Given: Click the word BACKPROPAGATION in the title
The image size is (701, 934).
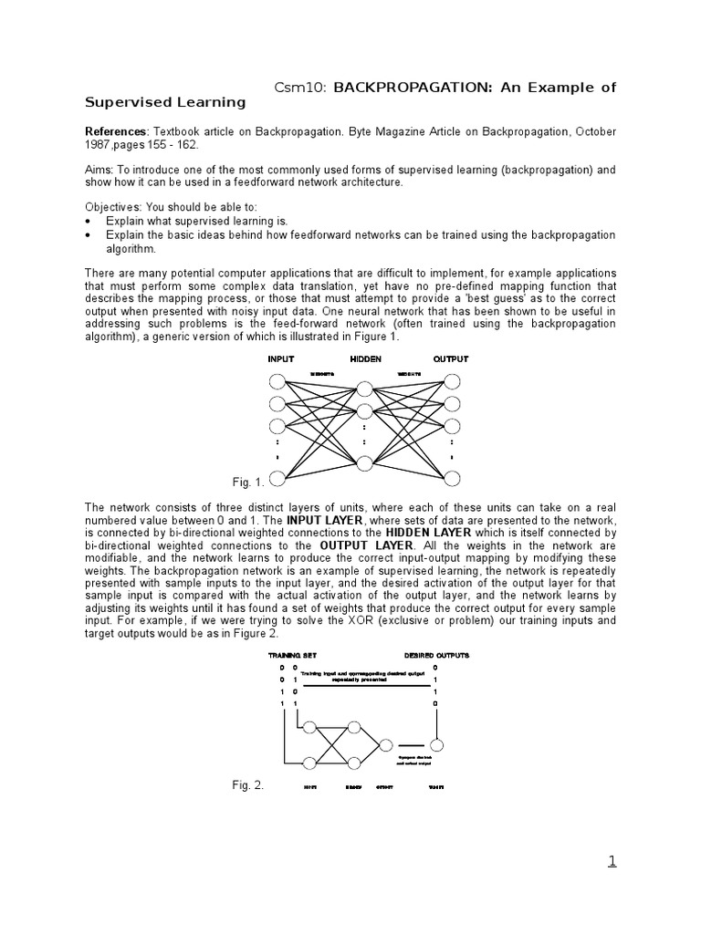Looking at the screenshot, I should pos(404,88).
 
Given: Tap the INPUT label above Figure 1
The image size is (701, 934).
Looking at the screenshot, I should pos(280,358).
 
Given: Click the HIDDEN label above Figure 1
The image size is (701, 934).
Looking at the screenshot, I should pos(365,358).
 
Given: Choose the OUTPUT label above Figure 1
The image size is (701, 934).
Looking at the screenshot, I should pos(450,358).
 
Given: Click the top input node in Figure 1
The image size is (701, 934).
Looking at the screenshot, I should pos(277,382).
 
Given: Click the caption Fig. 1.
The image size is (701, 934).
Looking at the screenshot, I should pos(248,482).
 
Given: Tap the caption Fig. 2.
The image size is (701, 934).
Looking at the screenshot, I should pos(248,785).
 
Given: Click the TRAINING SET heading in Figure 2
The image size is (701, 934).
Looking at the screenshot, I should pos(290,655).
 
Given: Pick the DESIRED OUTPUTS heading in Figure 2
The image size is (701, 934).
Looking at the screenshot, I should pos(436,655).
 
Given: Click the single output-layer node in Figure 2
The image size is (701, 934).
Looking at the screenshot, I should pos(386,745).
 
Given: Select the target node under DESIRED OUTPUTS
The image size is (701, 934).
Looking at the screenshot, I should pos(437,745).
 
